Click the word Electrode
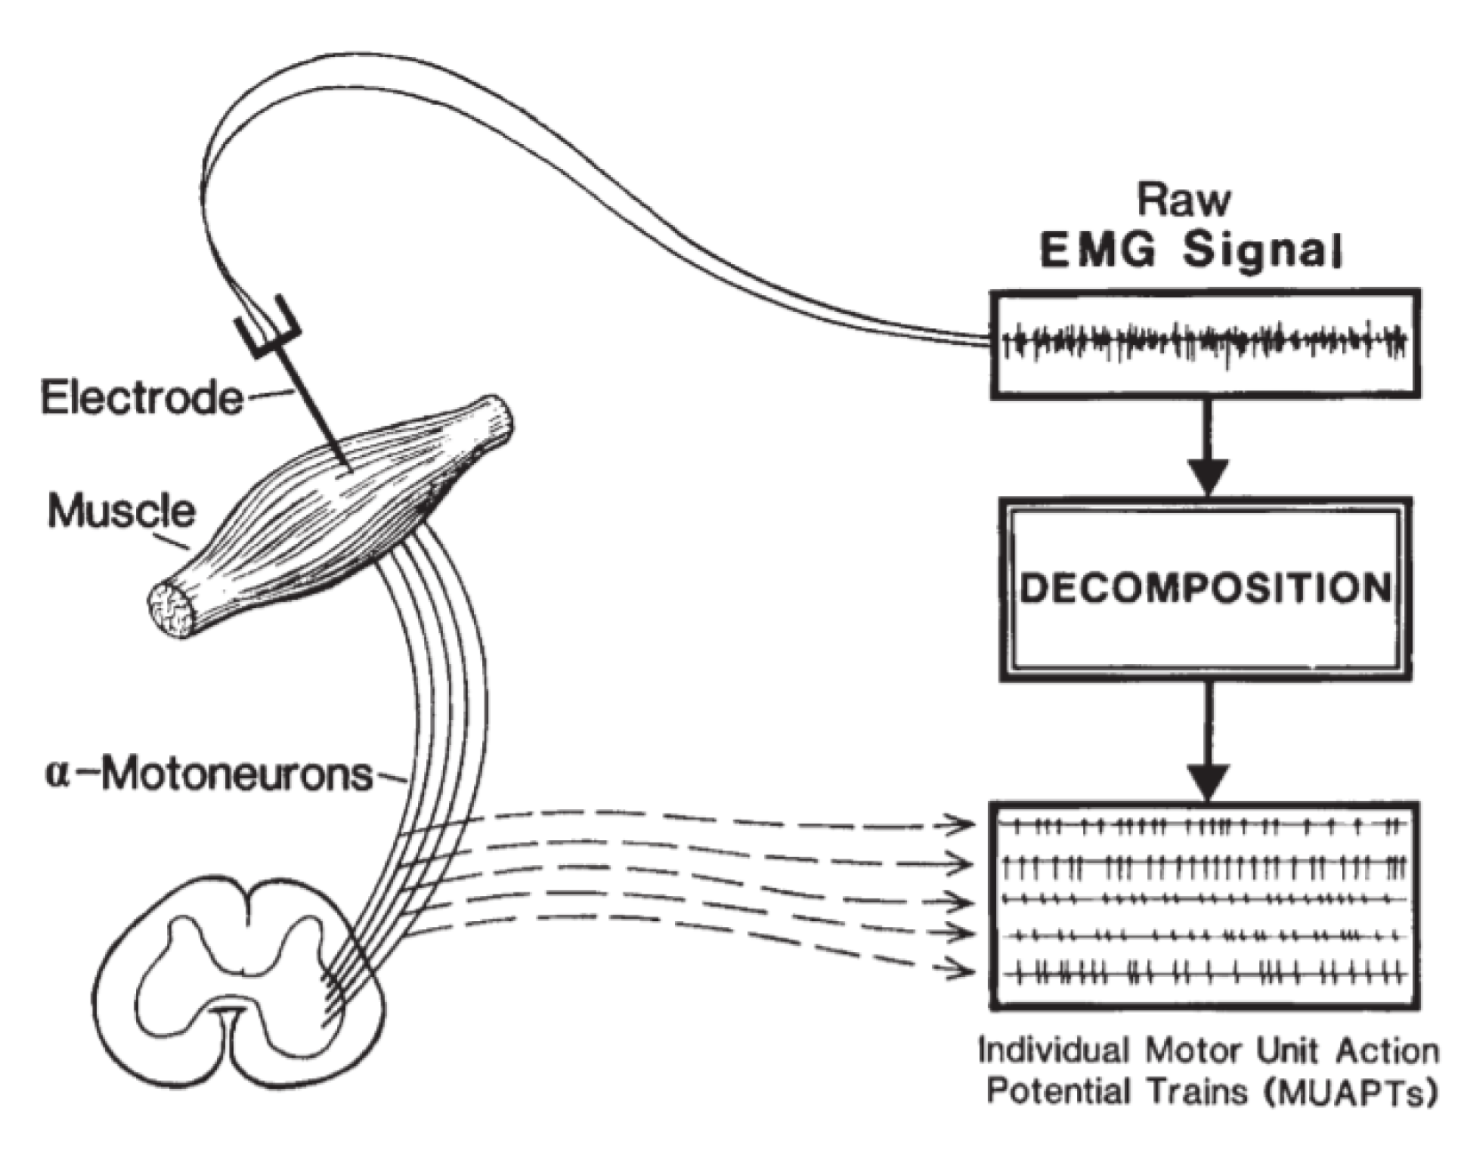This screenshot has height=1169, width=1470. [141, 397]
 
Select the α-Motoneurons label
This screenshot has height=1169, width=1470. [209, 774]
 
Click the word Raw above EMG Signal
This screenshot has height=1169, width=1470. [1185, 201]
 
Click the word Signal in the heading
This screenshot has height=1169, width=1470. [1261, 252]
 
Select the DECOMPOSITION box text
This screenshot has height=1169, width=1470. [1205, 589]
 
